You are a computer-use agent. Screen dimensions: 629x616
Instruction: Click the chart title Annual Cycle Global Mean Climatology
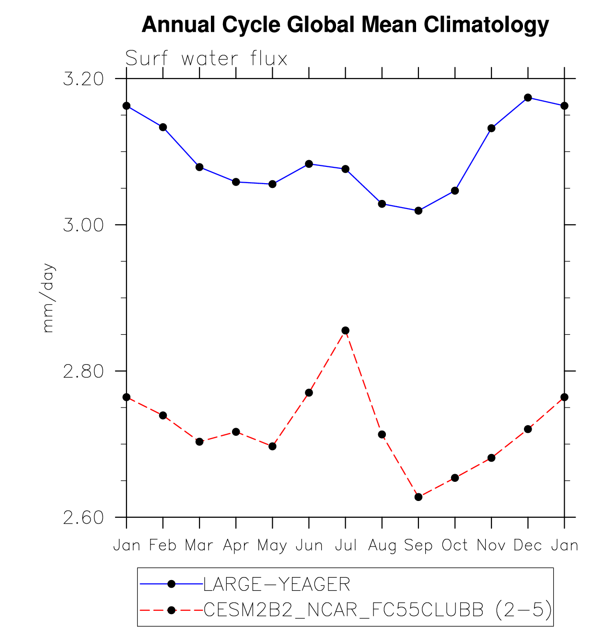(x=345, y=25)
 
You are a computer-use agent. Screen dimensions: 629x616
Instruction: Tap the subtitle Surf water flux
(x=206, y=59)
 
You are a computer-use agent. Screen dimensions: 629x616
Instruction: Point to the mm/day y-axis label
(x=49, y=298)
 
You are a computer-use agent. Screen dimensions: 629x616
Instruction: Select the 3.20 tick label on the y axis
(x=83, y=79)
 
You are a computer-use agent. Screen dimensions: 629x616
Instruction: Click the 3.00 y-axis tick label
(x=83, y=225)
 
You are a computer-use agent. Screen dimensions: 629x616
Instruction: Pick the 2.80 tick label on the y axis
(x=83, y=372)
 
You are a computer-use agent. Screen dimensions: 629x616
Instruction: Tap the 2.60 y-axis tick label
(x=83, y=518)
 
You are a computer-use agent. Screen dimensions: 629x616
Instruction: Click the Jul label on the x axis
(x=346, y=546)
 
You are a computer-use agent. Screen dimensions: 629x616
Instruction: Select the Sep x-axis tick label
(x=418, y=546)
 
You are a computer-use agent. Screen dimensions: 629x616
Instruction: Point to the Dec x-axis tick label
(x=528, y=546)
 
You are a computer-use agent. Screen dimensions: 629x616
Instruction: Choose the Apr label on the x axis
(x=236, y=546)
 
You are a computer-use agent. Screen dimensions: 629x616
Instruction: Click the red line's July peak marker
(x=346, y=331)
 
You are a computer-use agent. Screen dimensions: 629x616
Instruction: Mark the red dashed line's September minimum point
(x=418, y=497)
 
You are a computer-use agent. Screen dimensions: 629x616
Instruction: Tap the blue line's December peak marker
(x=528, y=98)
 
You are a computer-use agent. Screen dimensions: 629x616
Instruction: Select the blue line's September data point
(x=418, y=210)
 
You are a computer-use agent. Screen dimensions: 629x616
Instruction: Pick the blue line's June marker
(x=309, y=164)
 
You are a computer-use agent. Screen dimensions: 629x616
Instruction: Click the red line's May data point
(x=272, y=446)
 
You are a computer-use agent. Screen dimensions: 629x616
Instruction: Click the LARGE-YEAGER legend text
(x=277, y=584)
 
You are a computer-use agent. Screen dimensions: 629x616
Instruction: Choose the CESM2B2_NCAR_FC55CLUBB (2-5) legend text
(x=378, y=610)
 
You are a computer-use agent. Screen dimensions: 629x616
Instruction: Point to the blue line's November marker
(x=491, y=128)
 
